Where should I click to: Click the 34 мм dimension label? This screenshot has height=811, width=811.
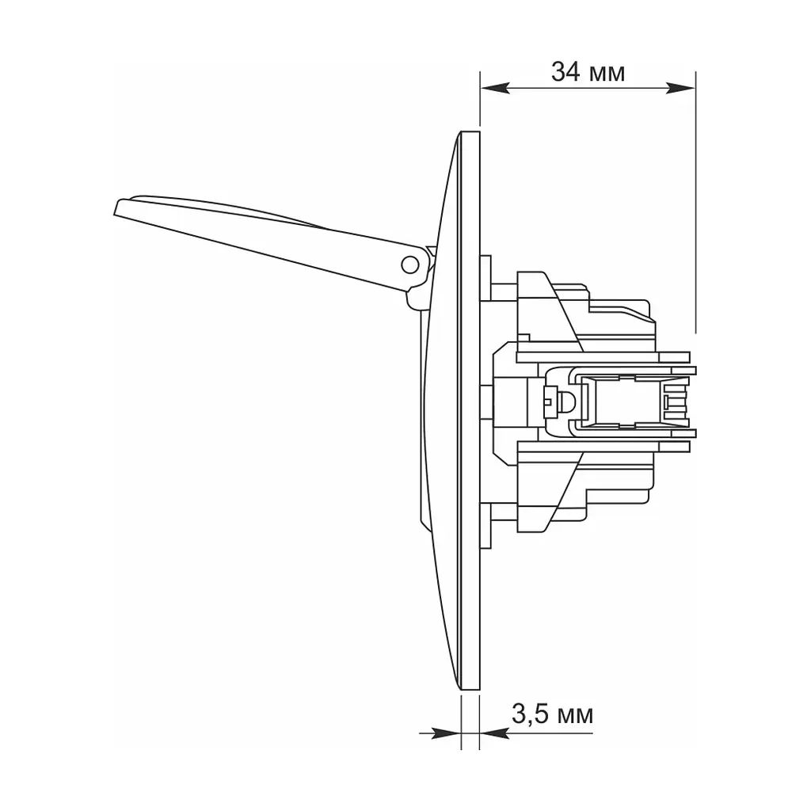pos(588,72)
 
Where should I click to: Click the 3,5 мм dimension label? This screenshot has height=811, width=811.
pos(552,715)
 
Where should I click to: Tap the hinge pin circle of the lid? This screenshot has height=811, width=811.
pos(410,265)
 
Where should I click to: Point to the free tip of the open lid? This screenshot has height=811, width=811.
pos(116,209)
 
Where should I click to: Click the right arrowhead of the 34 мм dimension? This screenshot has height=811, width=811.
pos(680,89)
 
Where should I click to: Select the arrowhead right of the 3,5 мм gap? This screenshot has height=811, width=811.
pos(494,733)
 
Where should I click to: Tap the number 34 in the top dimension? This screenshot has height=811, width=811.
pos(565,72)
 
